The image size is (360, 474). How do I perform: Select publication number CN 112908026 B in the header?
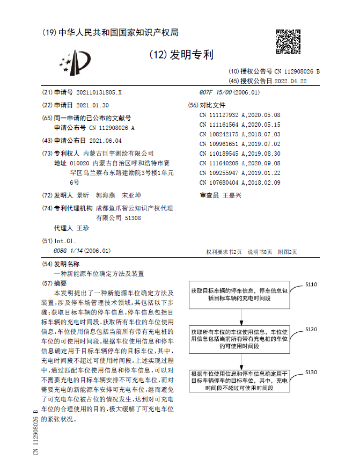tap(297, 71)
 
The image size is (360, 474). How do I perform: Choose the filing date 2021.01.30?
tap(92, 105)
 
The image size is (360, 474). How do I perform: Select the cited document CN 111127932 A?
tap(220, 115)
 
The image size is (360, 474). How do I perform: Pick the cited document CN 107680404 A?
tap(220, 183)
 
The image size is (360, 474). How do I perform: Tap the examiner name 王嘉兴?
tap(232, 195)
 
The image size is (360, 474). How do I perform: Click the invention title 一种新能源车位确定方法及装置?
tap(99, 273)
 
